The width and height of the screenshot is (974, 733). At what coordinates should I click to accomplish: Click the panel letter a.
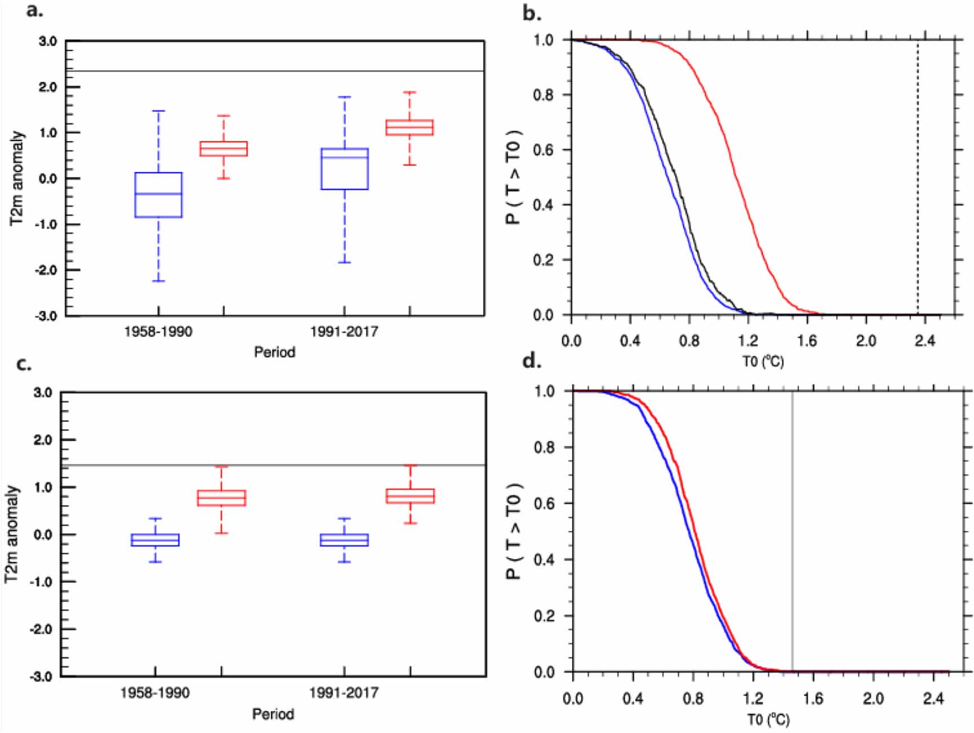pos(34,10)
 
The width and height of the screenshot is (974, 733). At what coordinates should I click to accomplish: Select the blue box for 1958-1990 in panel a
pos(158,195)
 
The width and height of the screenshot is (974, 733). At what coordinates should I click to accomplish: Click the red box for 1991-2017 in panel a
pos(409,128)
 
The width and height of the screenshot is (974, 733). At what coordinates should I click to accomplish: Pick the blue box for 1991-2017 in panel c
pos(344,540)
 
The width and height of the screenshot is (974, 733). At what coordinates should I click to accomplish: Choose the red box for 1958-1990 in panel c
pos(221,498)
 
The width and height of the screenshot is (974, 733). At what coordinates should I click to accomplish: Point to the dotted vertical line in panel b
pos(918,175)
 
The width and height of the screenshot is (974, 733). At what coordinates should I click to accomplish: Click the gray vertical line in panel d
pos(792,530)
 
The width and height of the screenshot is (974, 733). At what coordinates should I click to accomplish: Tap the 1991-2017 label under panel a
pos(344,331)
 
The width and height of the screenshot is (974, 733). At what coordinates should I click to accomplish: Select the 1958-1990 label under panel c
pos(155,692)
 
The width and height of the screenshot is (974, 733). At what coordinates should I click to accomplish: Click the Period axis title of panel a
pos(274,352)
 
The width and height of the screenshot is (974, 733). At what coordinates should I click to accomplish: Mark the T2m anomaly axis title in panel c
pos(12,534)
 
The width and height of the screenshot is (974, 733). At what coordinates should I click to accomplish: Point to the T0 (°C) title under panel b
pos(763,361)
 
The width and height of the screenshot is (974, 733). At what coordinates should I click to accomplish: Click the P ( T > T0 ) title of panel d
pos(513,531)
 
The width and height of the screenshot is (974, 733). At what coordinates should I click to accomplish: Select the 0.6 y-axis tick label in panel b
pos(543,150)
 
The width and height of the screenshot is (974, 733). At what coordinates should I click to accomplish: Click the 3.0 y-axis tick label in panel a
pos(47,41)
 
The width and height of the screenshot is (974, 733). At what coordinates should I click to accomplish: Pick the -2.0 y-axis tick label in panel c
pos(43,629)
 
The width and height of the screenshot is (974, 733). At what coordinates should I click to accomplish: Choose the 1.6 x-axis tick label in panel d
pos(813,699)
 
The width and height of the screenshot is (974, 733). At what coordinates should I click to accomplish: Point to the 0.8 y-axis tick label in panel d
pos(544,447)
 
